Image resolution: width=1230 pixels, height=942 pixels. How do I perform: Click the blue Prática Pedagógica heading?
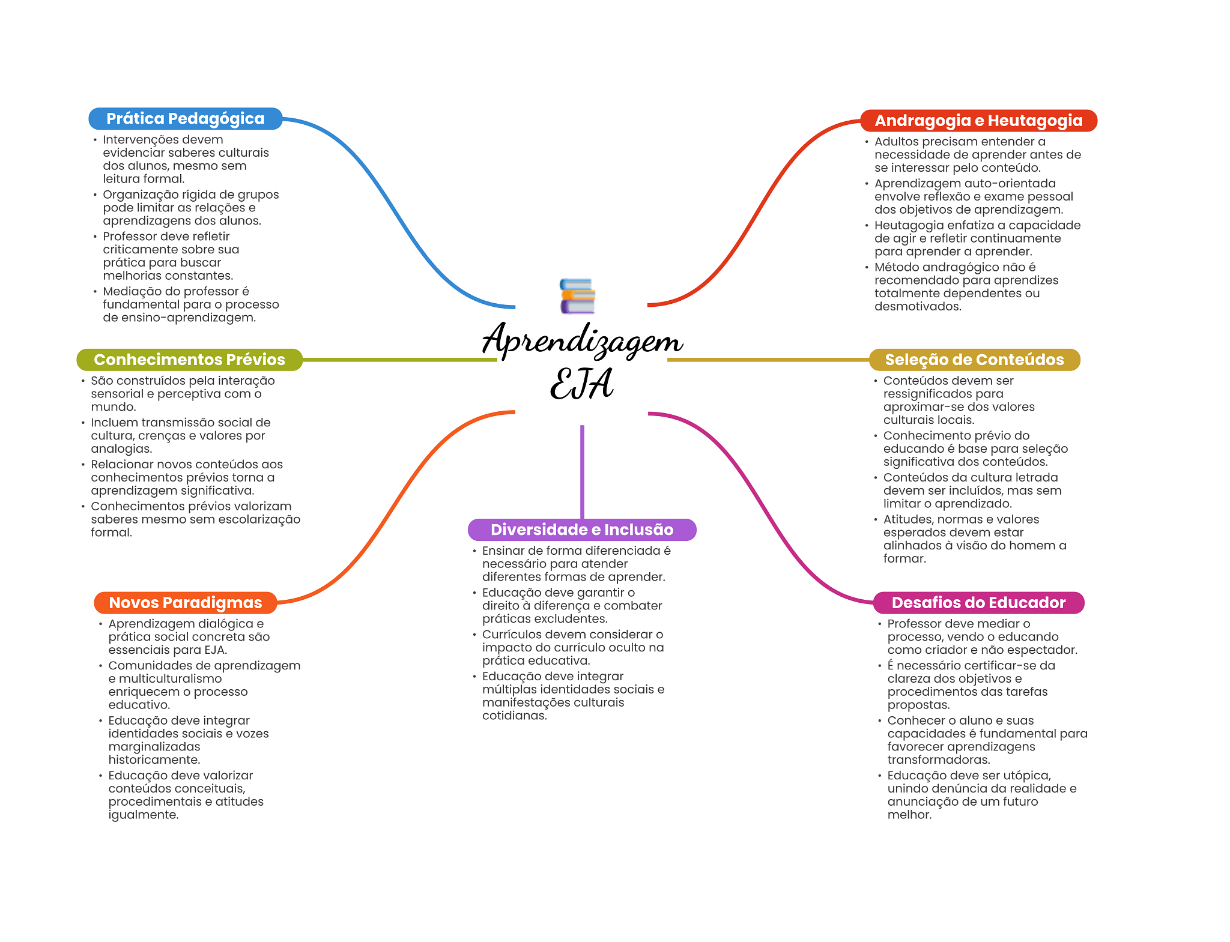point(186,119)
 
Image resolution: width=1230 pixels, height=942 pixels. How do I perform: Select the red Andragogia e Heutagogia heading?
point(978,121)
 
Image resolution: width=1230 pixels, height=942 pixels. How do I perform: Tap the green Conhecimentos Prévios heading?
point(190,360)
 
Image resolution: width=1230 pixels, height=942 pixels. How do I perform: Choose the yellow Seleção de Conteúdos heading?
point(974,360)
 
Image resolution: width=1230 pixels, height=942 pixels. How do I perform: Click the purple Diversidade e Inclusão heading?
point(582,530)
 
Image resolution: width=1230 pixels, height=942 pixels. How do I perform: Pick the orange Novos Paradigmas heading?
point(186,603)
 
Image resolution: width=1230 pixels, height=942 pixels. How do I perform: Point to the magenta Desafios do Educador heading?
point(978,603)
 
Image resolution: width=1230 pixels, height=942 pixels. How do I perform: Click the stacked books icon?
point(577,296)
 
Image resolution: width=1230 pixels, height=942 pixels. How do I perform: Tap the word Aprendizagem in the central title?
point(582,340)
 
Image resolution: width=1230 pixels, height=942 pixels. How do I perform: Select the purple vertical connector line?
point(582,472)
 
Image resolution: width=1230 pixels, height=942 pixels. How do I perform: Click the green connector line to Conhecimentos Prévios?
point(400,360)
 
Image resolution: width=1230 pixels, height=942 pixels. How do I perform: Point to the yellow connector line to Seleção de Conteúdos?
point(768,360)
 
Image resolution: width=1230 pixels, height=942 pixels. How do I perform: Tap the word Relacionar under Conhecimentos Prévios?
point(123,464)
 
